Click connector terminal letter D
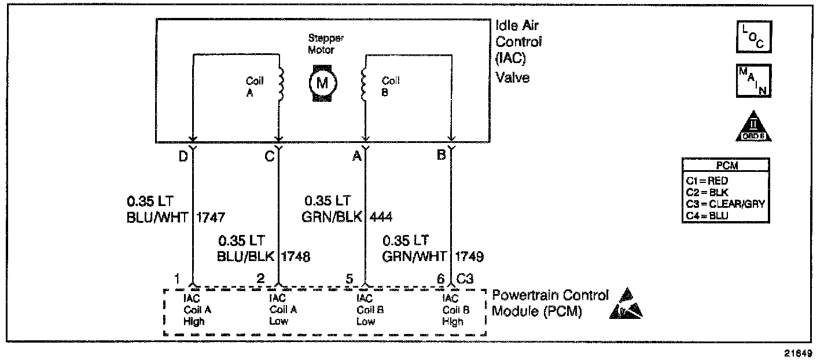(x=183, y=156)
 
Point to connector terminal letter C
(x=269, y=156)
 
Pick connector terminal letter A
(x=358, y=156)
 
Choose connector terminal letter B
(x=442, y=156)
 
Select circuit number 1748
(x=296, y=256)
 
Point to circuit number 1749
(x=469, y=256)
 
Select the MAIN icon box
(x=753, y=80)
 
